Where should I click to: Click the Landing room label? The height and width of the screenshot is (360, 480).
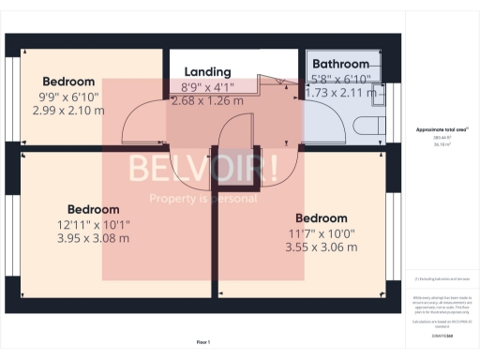point(207,71)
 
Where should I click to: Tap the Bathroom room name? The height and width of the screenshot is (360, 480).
point(341,65)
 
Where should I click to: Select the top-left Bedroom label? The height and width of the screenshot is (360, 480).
point(67,81)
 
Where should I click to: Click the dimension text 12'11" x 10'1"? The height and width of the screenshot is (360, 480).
point(92,224)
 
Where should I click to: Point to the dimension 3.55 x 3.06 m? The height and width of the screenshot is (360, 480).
point(321,247)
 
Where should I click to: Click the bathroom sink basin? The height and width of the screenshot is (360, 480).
point(376,92)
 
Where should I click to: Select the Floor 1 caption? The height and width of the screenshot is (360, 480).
point(203,342)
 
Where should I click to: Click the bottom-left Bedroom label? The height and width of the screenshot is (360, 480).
point(93,209)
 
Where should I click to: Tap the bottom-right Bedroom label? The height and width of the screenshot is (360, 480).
point(321,218)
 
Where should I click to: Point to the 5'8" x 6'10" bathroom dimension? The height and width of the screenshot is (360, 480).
point(341,79)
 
